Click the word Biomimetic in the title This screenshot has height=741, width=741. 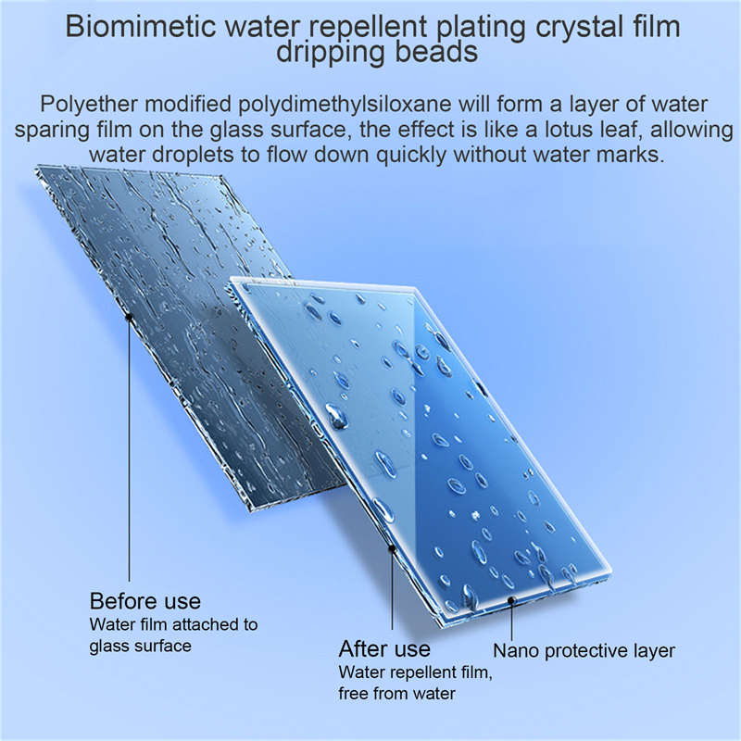pos(141,27)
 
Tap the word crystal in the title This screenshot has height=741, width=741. pos(577,28)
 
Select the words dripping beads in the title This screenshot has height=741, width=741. pos(377,53)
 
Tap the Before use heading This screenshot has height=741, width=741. pos(145,601)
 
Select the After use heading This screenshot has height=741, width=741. pos(384,649)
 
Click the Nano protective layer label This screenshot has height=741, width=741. pos(584,652)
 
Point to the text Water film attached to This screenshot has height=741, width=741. pos(173,624)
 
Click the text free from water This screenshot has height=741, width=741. pos(397,694)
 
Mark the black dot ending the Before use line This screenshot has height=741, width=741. pos(129,318)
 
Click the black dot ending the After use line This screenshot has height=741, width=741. pos(392,548)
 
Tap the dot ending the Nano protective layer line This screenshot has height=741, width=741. pos(511,600)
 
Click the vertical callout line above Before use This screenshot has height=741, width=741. pos(129,449)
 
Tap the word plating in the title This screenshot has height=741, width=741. pos(481,28)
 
